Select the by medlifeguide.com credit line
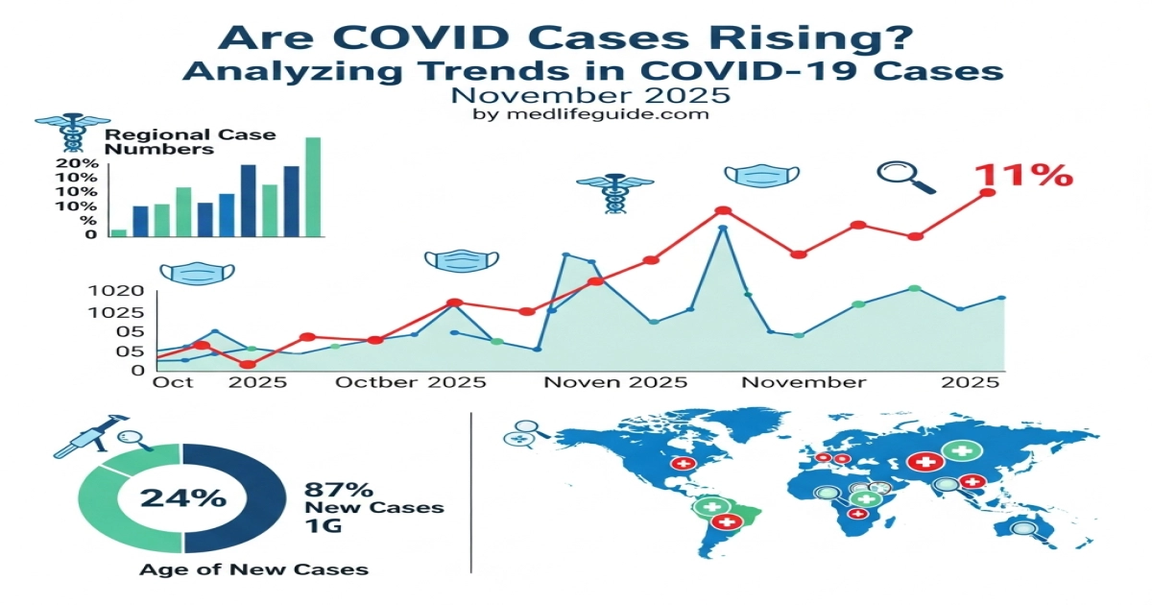pyautogui.click(x=591, y=114)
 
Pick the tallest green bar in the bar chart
pyautogui.click(x=313, y=186)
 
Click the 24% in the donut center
pyautogui.click(x=183, y=497)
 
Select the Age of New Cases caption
pyautogui.click(x=253, y=569)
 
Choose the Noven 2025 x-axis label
pyautogui.click(x=615, y=382)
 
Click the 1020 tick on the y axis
pyautogui.click(x=115, y=292)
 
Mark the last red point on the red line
pyautogui.click(x=988, y=193)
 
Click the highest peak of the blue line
pyautogui.click(x=723, y=229)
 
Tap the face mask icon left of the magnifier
pyautogui.click(x=760, y=176)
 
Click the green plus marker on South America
pyautogui.click(x=712, y=506)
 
